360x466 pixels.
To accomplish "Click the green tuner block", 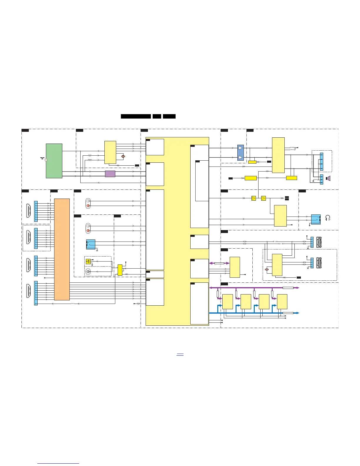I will click(54, 161).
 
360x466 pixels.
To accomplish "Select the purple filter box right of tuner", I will click(110, 174).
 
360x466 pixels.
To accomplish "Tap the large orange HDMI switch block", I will click(62, 249).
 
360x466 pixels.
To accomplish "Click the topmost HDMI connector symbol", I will click(29, 211).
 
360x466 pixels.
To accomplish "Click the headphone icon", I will click(328, 218).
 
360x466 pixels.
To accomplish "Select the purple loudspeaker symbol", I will click(329, 178).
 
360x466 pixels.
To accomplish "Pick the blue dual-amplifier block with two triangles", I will click(241, 153).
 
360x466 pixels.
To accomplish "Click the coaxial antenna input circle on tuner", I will click(46, 160).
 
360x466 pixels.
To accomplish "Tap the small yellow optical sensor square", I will click(88, 261).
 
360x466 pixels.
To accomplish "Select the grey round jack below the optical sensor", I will click(88, 272).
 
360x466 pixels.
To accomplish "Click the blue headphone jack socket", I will click(316, 219).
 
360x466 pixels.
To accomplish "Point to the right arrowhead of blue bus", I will click(298, 313).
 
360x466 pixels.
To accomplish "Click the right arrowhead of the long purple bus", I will click(298, 287).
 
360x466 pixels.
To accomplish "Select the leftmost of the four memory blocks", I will click(228, 302).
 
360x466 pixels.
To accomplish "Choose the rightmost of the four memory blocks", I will click(282, 302).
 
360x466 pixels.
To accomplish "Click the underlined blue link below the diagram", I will click(180, 355).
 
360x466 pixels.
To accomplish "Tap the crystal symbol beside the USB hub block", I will click(267, 269).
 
